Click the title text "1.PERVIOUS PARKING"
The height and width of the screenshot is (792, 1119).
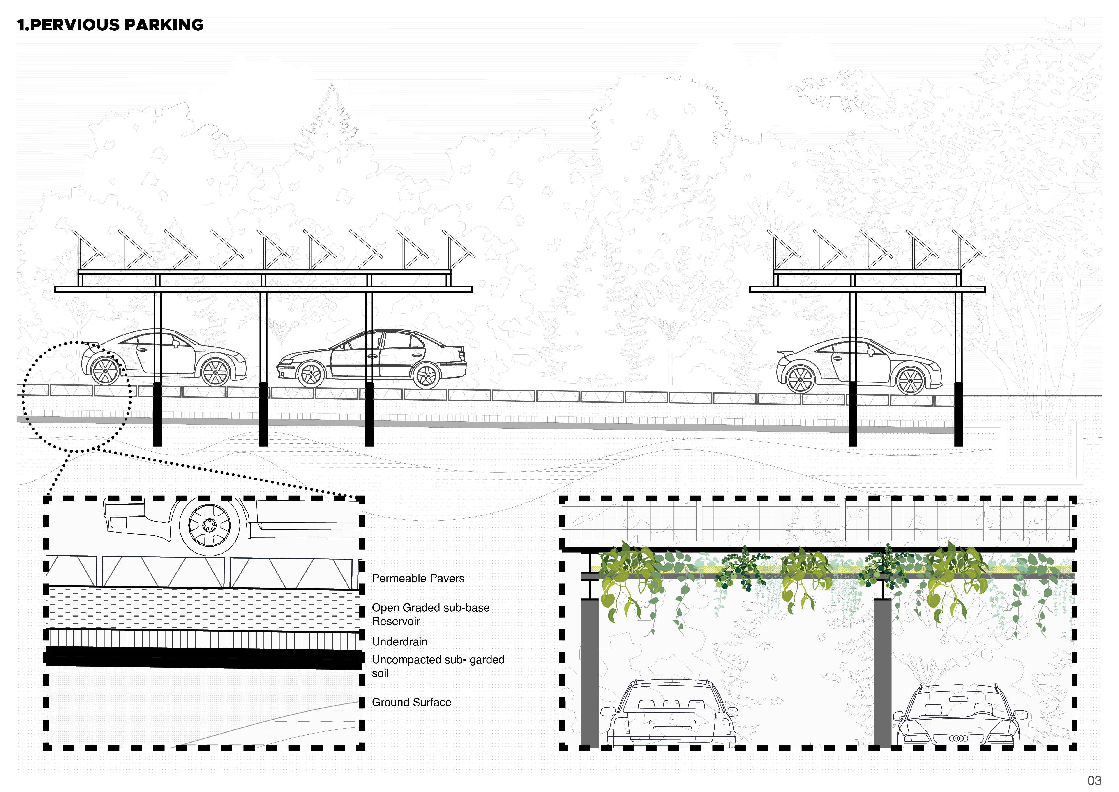(110, 25)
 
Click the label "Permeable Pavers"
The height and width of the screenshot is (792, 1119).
(418, 578)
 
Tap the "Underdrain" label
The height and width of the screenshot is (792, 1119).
(400, 642)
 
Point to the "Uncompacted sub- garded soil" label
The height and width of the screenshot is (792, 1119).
(438, 666)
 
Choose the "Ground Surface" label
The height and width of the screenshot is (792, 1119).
(411, 702)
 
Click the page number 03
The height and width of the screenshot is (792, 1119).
(1094, 781)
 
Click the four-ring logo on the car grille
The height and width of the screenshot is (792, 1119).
(958, 738)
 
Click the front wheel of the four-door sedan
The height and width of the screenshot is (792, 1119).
(310, 375)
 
